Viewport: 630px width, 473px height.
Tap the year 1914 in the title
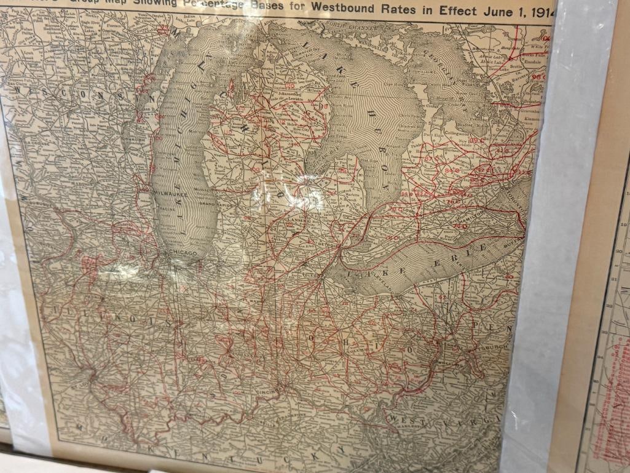[x=540, y=11]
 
